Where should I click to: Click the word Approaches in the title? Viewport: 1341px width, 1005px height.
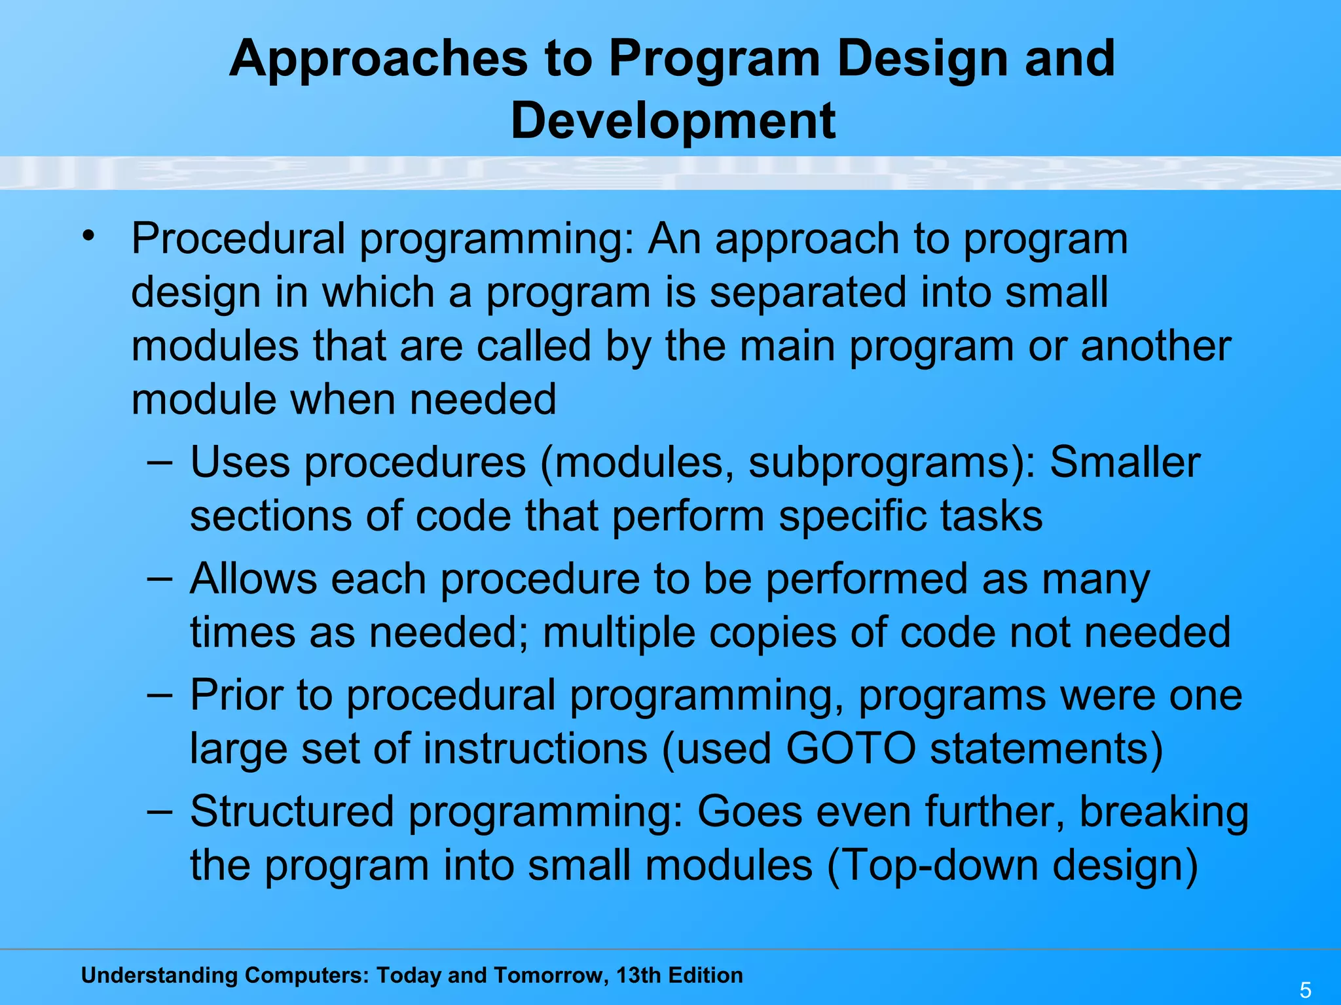pos(378,59)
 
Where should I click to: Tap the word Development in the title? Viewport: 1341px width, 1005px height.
pos(672,121)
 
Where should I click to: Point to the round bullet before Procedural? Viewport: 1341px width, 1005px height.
pos(89,235)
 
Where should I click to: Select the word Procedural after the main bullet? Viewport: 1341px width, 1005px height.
pos(238,239)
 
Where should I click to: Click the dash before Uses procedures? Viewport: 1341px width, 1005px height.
pos(160,461)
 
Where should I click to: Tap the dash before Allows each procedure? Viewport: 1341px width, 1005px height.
pos(160,578)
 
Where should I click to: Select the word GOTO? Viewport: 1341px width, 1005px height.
pos(850,748)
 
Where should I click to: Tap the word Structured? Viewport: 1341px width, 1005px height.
pos(292,811)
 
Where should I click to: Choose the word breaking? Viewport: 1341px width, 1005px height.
pos(1164,812)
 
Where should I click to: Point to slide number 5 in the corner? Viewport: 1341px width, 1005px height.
pos(1305,990)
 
